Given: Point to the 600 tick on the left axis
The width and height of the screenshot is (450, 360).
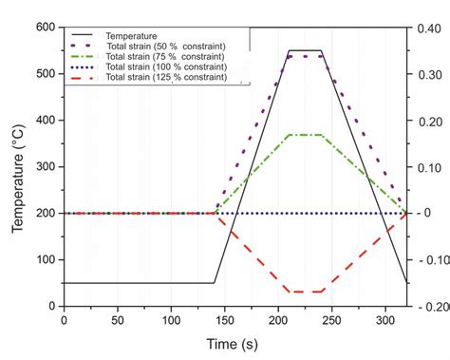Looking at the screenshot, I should tap(45, 27).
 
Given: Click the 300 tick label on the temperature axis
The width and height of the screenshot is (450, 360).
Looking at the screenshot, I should tap(45, 167).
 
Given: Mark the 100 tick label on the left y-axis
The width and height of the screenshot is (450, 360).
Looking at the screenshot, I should tap(45, 260).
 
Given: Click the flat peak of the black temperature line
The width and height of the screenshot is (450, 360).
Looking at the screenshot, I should tap(306, 50).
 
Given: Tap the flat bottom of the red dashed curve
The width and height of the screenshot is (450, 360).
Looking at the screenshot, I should tap(306, 292).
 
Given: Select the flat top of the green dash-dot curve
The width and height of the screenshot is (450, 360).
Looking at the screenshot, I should tap(306, 135).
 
